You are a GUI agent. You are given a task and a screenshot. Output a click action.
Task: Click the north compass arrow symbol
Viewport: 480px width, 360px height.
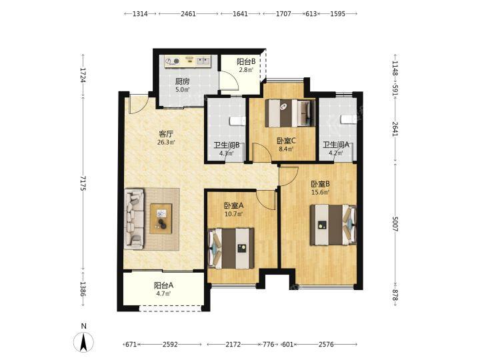coord(83,342)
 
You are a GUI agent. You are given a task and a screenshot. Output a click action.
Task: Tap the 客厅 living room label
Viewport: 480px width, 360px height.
coord(166,134)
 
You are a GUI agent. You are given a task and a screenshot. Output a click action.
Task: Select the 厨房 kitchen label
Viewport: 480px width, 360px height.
coord(182,81)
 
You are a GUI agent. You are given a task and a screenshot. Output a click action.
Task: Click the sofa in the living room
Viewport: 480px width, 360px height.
coord(135,218)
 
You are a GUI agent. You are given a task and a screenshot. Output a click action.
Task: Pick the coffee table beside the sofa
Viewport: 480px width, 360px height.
coord(161,219)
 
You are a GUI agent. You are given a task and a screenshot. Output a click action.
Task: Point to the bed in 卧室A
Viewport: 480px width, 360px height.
coord(231,248)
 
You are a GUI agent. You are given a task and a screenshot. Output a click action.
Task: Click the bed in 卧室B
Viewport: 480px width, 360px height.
coord(333,225)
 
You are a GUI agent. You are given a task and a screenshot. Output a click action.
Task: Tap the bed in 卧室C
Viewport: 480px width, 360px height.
coord(290,113)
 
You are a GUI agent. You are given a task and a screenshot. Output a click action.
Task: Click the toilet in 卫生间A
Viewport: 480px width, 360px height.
coord(349,119)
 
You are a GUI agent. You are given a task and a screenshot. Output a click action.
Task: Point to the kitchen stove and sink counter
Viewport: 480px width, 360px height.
coord(187,61)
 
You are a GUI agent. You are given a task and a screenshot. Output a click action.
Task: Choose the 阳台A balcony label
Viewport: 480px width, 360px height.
coord(163,285)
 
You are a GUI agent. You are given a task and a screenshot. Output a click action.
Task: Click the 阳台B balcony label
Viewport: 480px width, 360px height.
coord(246,62)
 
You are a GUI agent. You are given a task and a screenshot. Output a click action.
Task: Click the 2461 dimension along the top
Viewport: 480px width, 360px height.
coord(188,14)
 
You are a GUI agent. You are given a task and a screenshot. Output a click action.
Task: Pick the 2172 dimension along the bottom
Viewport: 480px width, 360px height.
coord(233,345)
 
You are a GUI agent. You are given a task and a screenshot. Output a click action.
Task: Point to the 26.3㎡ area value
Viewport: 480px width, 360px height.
coord(166,143)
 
